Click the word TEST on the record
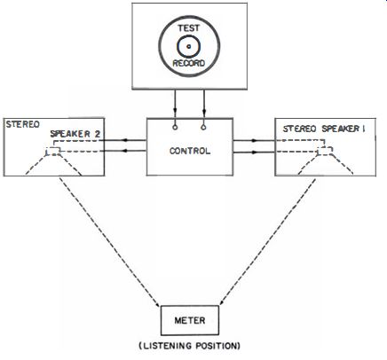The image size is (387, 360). (x=188, y=28)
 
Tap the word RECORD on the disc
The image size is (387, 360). (x=189, y=63)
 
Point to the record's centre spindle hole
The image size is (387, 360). (x=189, y=46)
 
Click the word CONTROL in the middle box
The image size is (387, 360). (x=190, y=151)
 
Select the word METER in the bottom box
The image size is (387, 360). (x=190, y=320)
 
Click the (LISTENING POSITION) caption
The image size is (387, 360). (x=190, y=346)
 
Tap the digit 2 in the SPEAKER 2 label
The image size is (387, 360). (x=98, y=134)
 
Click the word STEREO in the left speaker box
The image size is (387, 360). (x=23, y=124)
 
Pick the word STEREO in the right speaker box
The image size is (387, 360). (x=300, y=129)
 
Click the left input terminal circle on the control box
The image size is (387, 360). (x=175, y=128)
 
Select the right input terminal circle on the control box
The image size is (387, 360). (x=203, y=128)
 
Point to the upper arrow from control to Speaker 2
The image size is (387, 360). (x=122, y=140)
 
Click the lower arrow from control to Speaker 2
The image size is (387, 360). (x=122, y=151)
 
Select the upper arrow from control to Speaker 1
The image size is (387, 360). (x=254, y=141)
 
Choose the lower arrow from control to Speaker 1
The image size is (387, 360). (x=254, y=153)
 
